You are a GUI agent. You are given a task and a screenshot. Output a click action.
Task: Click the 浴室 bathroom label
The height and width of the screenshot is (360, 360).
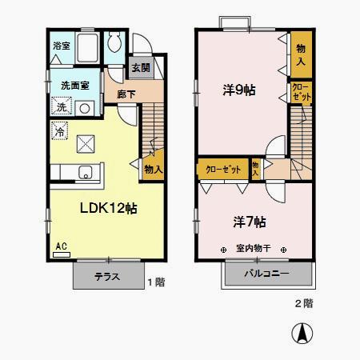click(x=61, y=46)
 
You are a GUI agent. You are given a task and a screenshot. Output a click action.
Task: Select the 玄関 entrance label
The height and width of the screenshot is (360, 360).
click(x=139, y=68)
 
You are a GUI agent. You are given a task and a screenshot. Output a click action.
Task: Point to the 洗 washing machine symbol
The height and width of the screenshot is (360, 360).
click(x=62, y=107)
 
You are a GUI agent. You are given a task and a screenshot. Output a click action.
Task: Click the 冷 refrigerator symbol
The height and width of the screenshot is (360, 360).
click(x=60, y=130)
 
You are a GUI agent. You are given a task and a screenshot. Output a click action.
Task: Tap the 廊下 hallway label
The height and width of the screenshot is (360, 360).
click(x=126, y=94)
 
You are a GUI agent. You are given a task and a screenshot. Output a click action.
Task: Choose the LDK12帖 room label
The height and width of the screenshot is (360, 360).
click(x=107, y=208)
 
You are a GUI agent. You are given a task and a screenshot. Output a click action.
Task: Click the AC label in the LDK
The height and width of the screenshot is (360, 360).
click(x=61, y=247)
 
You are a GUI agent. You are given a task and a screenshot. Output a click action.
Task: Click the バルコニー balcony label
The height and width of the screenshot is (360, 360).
click(x=267, y=276)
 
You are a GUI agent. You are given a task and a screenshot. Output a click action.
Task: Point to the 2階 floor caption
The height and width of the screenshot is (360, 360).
click(x=303, y=303)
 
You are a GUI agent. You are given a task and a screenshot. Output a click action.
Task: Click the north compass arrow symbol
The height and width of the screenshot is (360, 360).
click(x=305, y=334)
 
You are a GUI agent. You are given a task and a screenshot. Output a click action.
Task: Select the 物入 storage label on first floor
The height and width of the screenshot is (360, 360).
click(x=153, y=170)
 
